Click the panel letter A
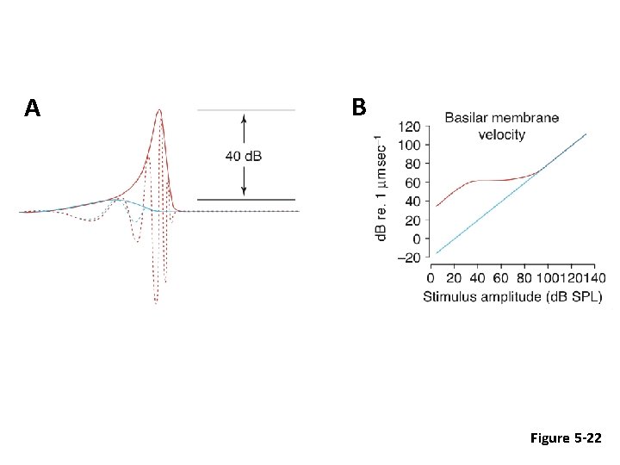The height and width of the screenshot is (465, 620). click(x=33, y=108)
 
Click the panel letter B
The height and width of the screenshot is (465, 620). click(x=359, y=107)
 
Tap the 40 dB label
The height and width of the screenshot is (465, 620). click(x=244, y=156)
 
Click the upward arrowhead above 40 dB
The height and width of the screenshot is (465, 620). click(x=244, y=117)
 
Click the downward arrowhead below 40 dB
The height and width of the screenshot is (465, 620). click(x=244, y=192)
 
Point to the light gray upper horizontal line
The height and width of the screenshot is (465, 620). click(x=246, y=110)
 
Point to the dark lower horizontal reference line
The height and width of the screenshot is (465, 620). click(x=246, y=200)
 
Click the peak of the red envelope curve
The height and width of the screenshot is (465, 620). click(x=159, y=110)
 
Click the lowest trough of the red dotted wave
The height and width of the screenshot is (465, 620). click(x=156, y=303)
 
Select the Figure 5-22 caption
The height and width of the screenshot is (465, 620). click(x=566, y=437)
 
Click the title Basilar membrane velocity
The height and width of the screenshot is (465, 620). click(x=502, y=126)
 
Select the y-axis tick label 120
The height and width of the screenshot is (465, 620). click(x=409, y=127)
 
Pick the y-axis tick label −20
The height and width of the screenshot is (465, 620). click(x=409, y=257)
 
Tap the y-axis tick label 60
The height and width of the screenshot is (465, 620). click(x=413, y=183)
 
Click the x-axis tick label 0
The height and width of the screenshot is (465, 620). click(x=431, y=278)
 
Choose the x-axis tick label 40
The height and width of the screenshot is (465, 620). click(x=477, y=278)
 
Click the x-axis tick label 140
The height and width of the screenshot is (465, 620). click(x=595, y=278)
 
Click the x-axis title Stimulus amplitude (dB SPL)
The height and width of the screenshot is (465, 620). click(x=512, y=296)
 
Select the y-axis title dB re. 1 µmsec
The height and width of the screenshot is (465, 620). click(x=380, y=187)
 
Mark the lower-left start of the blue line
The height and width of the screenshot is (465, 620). click(x=437, y=253)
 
